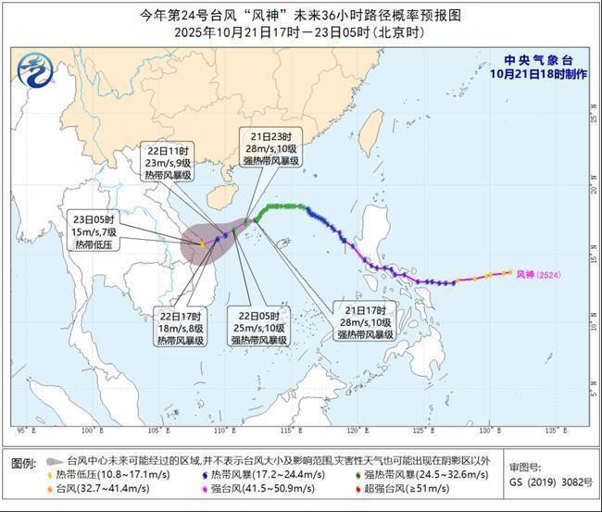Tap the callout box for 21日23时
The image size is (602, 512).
pyautogui.click(x=271, y=147)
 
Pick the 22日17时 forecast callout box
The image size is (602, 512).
pyautogui.click(x=181, y=328)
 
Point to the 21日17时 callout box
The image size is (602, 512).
pyautogui.click(x=365, y=320)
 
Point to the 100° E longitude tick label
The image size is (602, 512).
pyautogui.click(x=90, y=431)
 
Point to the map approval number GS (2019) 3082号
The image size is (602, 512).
pyautogui.click(x=549, y=482)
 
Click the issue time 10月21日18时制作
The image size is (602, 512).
pyautogui.click(x=538, y=73)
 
